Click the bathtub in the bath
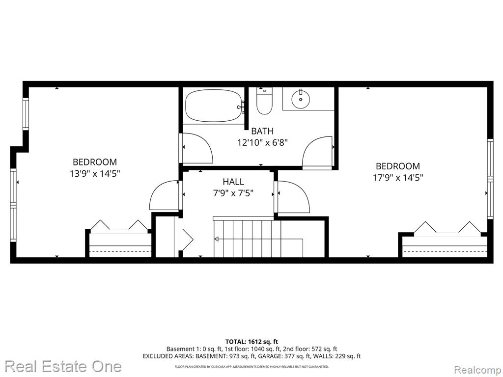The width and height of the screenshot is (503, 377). tap(214, 106)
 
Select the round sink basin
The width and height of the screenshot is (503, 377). tap(301, 99)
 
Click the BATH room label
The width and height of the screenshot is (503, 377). tap(262, 131)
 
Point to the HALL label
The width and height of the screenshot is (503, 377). tap(233, 182)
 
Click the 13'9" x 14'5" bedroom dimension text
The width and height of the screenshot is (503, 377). tap(95, 174)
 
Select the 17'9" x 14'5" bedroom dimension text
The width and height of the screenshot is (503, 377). tap(398, 178)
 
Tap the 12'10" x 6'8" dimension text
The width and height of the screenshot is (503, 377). tap(262, 142)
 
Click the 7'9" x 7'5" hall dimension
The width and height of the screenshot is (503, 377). tap(233, 193)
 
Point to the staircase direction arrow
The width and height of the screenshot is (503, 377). tap(258, 239)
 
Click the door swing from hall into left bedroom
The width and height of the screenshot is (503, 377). tap(164, 195)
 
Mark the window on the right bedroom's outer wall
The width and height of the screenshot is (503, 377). tap(490, 179)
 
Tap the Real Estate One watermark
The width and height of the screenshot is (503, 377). tap(63, 366)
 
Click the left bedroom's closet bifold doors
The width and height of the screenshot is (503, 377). tap(119, 225)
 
